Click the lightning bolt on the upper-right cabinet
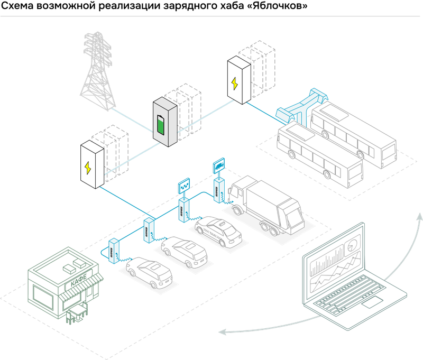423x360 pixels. coord(234,84)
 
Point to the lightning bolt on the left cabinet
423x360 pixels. coord(88,168)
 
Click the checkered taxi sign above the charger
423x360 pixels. coord(183,186)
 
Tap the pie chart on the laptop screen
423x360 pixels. coord(351,245)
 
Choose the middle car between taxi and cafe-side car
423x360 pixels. coord(185,251)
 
